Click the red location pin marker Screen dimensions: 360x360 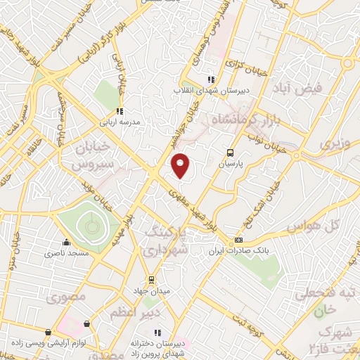pos(181,165)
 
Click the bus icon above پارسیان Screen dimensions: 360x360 pos(230,152)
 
